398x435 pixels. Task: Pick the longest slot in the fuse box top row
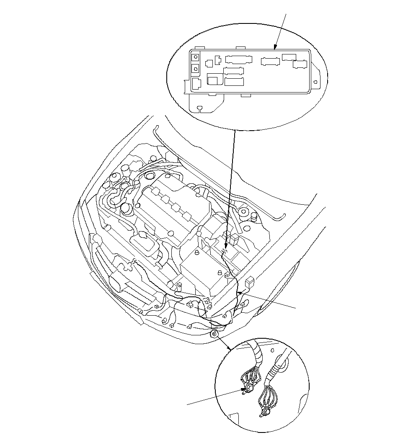238,60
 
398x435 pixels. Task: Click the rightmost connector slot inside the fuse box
300,64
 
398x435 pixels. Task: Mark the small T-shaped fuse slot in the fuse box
218,60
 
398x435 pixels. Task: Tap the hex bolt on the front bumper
214,333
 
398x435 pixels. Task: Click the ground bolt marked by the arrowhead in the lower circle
248,389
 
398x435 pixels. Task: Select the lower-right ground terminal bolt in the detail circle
266,413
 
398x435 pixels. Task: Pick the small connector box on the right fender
250,281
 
